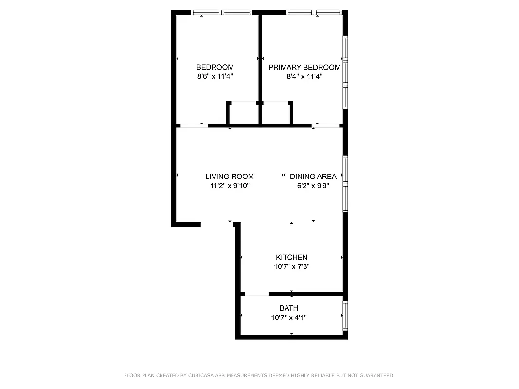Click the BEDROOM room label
(215, 67)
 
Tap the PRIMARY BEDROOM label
(304, 67)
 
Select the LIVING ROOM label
(229, 177)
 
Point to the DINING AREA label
(313, 177)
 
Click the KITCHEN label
(291, 257)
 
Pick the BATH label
(289, 308)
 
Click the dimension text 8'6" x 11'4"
(215, 76)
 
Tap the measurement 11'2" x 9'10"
(230, 186)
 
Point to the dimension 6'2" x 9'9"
(313, 186)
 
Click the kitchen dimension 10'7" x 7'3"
(292, 266)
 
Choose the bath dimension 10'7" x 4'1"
(289, 318)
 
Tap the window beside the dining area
(345, 184)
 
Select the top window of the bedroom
(221, 12)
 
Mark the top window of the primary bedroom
(315, 12)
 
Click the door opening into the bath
(256, 294)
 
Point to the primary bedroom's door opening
(325, 126)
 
